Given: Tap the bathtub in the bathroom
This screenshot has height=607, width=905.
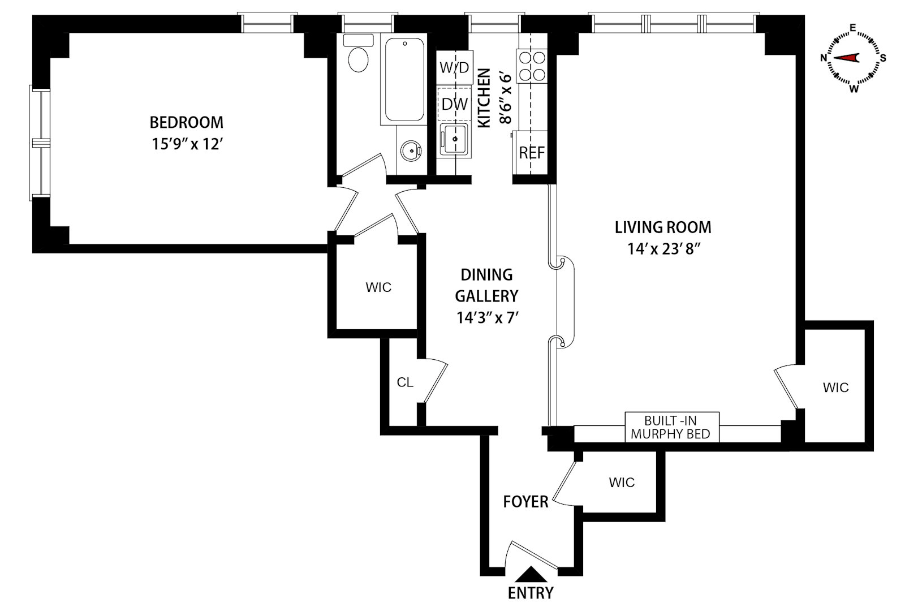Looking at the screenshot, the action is coord(404,79).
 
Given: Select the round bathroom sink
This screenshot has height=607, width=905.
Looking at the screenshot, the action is coord(411,150).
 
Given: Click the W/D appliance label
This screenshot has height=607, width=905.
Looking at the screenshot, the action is coord(455,67).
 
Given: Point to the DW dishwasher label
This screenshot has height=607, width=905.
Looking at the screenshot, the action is coord(455,104).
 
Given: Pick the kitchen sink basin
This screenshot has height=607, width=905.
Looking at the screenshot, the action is coord(455,139).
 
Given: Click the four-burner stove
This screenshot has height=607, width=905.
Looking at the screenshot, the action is coord(532,66).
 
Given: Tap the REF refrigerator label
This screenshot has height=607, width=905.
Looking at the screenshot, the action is coord(532,153).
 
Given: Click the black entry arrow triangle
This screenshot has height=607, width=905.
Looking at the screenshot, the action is coord(531,574).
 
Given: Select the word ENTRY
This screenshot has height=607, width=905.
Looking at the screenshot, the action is coord(531,593).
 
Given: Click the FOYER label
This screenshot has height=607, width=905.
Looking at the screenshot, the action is coord(525,502).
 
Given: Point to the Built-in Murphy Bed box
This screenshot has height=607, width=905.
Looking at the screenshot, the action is coord(672,427).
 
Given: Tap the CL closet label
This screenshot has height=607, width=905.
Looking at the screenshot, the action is coord(405,382).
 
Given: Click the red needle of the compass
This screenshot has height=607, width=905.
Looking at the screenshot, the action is coord(846,58).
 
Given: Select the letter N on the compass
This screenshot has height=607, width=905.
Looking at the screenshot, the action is coord(824,58).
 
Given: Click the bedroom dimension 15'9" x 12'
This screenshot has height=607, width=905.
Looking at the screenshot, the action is coord(187,144).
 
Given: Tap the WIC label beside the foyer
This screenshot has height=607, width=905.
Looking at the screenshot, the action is coord(622,482).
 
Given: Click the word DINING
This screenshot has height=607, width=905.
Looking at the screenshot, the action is coord(486,275).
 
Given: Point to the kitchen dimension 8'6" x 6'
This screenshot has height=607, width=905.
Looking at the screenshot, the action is coord(506,98).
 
